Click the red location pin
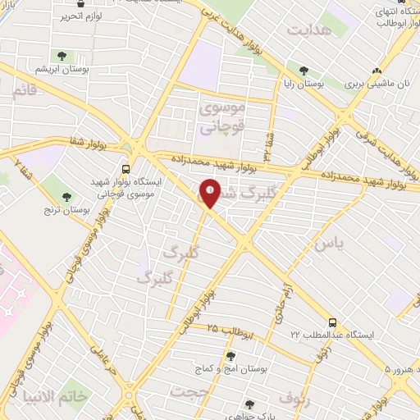click(210, 193)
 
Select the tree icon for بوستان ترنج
click(66, 196)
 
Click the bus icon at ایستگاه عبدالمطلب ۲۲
click(333, 322)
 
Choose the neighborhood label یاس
click(326, 244)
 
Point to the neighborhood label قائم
click(25, 90)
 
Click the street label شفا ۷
click(19, 171)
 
